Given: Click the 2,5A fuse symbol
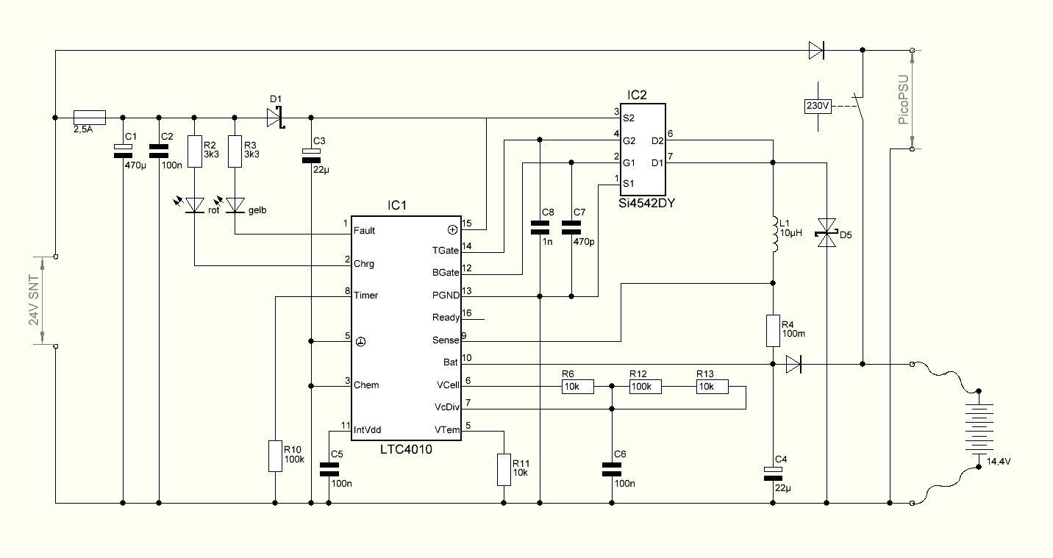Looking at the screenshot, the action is [x=89, y=118].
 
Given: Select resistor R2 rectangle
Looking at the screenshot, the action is [x=195, y=151].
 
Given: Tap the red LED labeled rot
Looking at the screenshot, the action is [x=195, y=205].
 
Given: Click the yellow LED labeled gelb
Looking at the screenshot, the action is [x=235, y=205].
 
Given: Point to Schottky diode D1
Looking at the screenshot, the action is [x=276, y=118].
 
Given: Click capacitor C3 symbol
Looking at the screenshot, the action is [x=311, y=156].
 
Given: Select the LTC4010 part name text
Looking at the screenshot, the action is [x=406, y=449].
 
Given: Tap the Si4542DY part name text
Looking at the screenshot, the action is [x=646, y=203].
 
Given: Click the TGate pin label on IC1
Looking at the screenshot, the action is [x=445, y=251].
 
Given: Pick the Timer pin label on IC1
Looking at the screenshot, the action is [x=365, y=296].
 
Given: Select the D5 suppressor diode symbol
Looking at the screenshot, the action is [x=827, y=233].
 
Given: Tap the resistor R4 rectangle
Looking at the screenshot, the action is [x=774, y=331].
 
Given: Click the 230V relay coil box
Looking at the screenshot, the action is [x=818, y=107].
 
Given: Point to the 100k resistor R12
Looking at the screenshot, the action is [x=645, y=387].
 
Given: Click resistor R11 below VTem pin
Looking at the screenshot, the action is [x=504, y=470].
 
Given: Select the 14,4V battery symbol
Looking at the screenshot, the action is [x=979, y=429].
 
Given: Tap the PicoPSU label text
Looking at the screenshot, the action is [x=903, y=99].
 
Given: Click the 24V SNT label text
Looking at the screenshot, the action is [x=33, y=301].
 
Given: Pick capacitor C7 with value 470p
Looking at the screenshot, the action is [x=571, y=227].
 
